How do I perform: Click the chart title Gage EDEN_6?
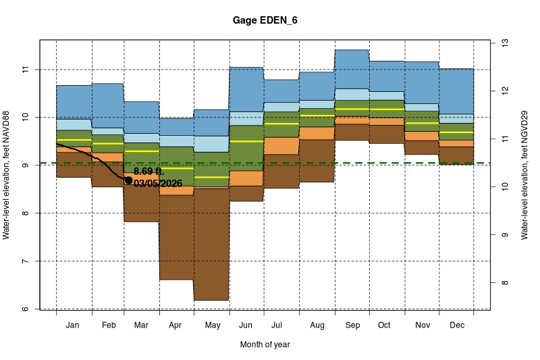point(264,20)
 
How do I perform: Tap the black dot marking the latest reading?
point(128,180)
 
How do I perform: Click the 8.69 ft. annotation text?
point(149,172)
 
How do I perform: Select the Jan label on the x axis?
point(73,326)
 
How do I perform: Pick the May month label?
point(212,326)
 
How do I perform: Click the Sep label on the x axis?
point(351,326)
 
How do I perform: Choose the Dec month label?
point(456,326)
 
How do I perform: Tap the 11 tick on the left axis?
point(26,70)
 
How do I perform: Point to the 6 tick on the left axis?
point(26,309)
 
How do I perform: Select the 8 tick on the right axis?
point(504,283)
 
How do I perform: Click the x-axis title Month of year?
point(265,344)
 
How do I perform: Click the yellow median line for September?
point(351,109)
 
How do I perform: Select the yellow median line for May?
point(212,177)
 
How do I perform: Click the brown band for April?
point(177,236)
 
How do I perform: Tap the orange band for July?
point(281,145)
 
